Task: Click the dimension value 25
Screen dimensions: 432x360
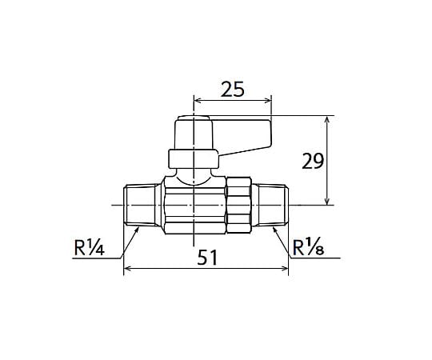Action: point(232,90)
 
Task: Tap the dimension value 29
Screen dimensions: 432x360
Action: point(313,162)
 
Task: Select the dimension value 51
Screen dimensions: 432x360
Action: point(208,258)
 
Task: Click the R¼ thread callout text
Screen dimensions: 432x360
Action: point(90,247)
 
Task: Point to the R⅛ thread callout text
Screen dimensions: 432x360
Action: point(308,247)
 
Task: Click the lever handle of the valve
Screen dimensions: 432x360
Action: point(242,136)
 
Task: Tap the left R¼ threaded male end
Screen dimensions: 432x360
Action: point(141,206)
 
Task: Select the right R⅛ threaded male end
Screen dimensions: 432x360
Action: point(271,206)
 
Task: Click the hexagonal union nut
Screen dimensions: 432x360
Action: point(238,206)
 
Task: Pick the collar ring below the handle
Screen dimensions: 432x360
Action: point(193,158)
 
